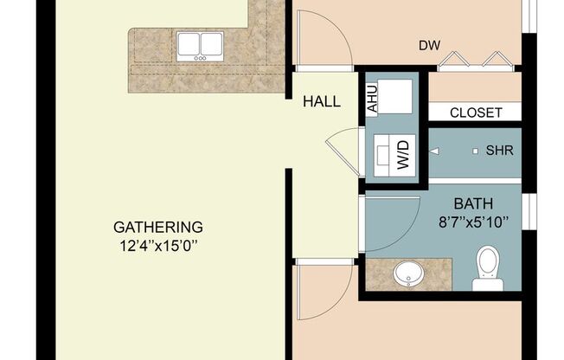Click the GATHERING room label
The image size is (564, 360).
click(158, 228)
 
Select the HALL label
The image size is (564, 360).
click(321, 102)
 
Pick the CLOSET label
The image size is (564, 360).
click(477, 112)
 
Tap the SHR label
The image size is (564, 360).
click(499, 151)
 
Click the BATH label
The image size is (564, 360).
click(473, 204)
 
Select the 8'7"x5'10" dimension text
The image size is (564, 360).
click(473, 221)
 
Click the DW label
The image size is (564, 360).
click(426, 44)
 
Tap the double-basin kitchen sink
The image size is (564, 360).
click(201, 46)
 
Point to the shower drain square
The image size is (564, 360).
click(475, 151)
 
